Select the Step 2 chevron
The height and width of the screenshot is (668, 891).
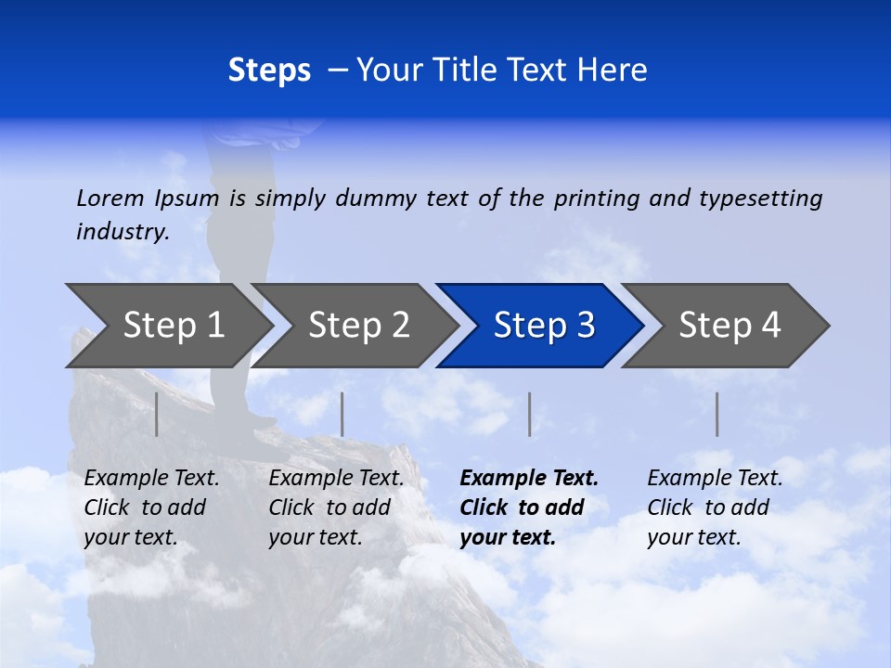pyautogui.click(x=358, y=326)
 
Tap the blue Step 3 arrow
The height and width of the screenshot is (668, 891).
pyautogui.click(x=544, y=326)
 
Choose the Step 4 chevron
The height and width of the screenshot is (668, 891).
pyautogui.click(x=730, y=326)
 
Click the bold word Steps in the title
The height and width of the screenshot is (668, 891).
pyautogui.click(x=269, y=71)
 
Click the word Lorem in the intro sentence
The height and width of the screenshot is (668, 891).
pyautogui.click(x=110, y=198)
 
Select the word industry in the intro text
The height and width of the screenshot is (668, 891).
pyautogui.click(x=123, y=231)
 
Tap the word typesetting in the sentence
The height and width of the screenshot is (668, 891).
pyautogui.click(x=760, y=198)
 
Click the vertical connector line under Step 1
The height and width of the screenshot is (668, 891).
pyautogui.click(x=157, y=414)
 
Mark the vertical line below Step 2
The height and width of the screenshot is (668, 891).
pyautogui.click(x=342, y=414)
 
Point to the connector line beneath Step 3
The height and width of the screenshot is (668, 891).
pyautogui.click(x=529, y=414)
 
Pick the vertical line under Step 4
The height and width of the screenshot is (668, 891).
pyautogui.click(x=717, y=414)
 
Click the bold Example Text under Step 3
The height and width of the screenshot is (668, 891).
pyautogui.click(x=529, y=479)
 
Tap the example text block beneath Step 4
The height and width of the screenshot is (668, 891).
pyautogui.click(x=715, y=507)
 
